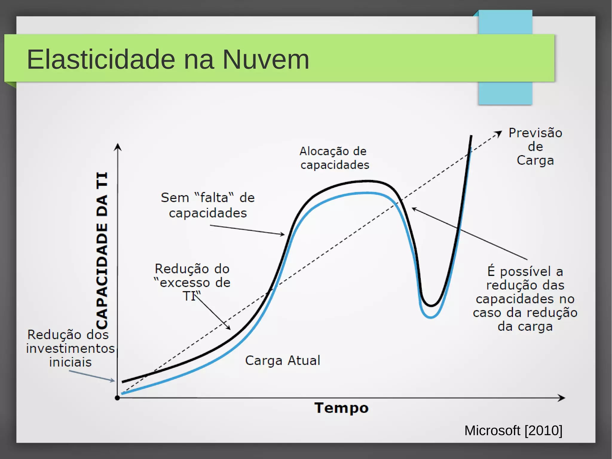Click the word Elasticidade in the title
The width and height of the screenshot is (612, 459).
click(101, 59)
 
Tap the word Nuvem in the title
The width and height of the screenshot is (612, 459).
click(265, 59)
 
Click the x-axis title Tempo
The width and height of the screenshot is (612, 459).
click(341, 408)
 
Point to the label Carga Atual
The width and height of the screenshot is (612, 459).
click(282, 360)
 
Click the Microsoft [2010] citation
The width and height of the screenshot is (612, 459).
click(513, 431)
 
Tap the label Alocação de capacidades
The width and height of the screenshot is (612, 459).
click(334, 158)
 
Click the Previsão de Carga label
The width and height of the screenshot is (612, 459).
click(535, 147)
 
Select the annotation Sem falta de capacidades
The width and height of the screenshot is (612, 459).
click(207, 205)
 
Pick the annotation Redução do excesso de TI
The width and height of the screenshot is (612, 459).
click(192, 282)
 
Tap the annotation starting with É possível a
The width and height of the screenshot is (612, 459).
click(525, 298)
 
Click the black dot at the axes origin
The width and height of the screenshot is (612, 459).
click(117, 398)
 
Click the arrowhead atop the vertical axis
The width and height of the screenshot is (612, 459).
click(118, 147)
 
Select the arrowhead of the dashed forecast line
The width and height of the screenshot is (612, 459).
click(499, 133)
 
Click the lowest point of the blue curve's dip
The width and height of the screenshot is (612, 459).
click(431, 317)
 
